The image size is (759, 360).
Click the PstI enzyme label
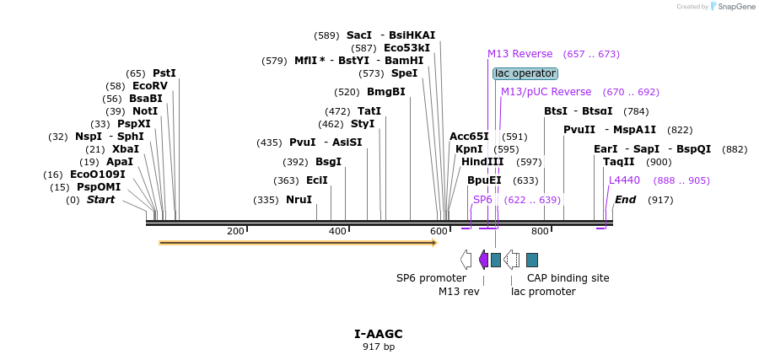164,73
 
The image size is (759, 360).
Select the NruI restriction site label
299,200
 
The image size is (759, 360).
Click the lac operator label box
525,73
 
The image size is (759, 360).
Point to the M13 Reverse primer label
520,54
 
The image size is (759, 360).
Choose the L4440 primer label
624,180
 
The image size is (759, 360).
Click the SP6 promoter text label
431,277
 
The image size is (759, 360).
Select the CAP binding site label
568,277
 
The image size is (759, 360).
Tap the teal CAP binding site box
532,260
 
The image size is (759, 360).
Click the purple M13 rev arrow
483,260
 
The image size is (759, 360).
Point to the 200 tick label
235,231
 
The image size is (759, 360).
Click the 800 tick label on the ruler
539,231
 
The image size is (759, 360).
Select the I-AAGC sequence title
379,334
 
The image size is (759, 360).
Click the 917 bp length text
379,347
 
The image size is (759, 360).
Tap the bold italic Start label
100,200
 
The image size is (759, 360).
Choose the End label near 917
625,200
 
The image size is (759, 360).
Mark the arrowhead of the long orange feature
433,243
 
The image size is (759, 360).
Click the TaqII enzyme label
618,162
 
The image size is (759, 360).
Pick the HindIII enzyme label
482,162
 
